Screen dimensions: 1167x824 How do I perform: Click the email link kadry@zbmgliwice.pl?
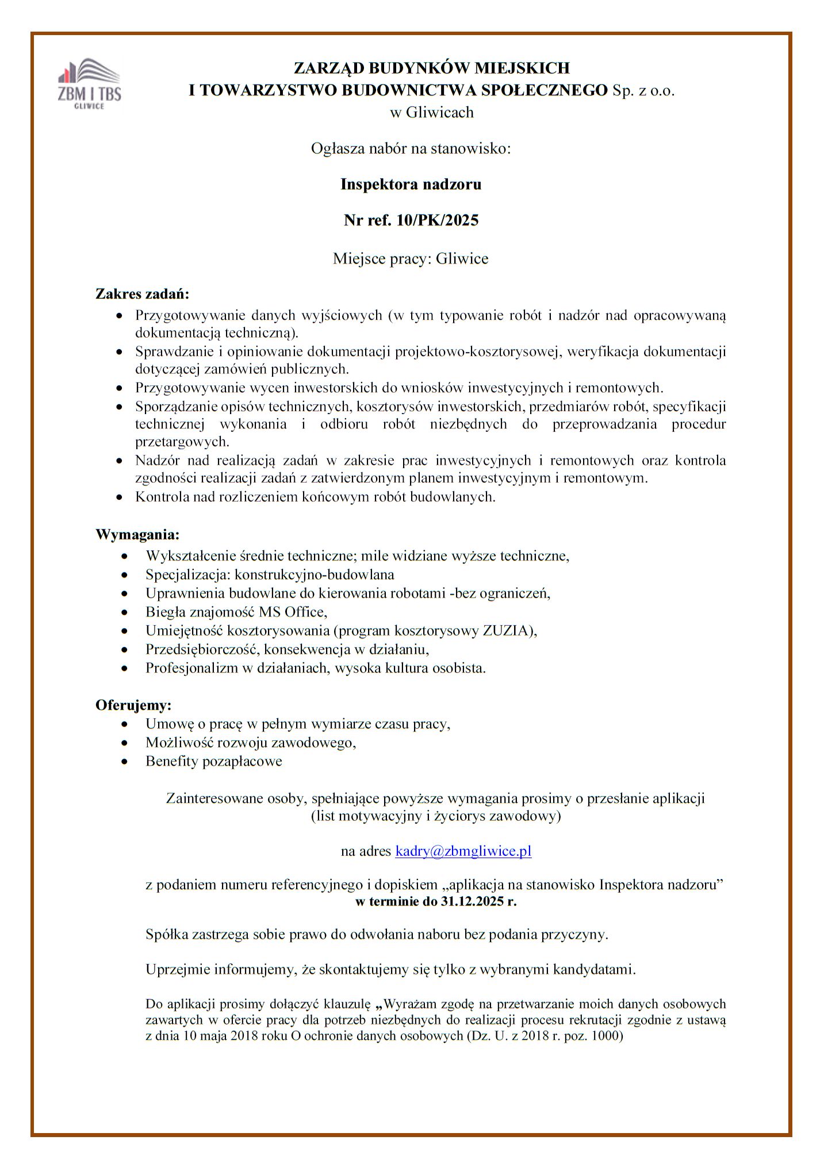[x=463, y=851]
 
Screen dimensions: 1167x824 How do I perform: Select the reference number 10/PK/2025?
[x=437, y=220]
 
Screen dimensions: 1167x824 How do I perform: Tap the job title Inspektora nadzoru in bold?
[x=411, y=185]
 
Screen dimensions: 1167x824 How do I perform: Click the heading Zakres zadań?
[x=142, y=294]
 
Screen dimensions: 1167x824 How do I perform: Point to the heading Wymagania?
[x=137, y=535]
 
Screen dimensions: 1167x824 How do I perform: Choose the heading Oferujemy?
[x=133, y=705]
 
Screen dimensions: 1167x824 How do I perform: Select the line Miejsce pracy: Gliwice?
[x=411, y=259]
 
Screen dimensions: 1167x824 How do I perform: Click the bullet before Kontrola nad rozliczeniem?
[x=119, y=497]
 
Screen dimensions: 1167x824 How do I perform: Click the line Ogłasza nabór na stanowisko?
[x=411, y=149]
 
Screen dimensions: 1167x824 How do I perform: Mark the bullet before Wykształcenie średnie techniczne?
[x=125, y=556]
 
